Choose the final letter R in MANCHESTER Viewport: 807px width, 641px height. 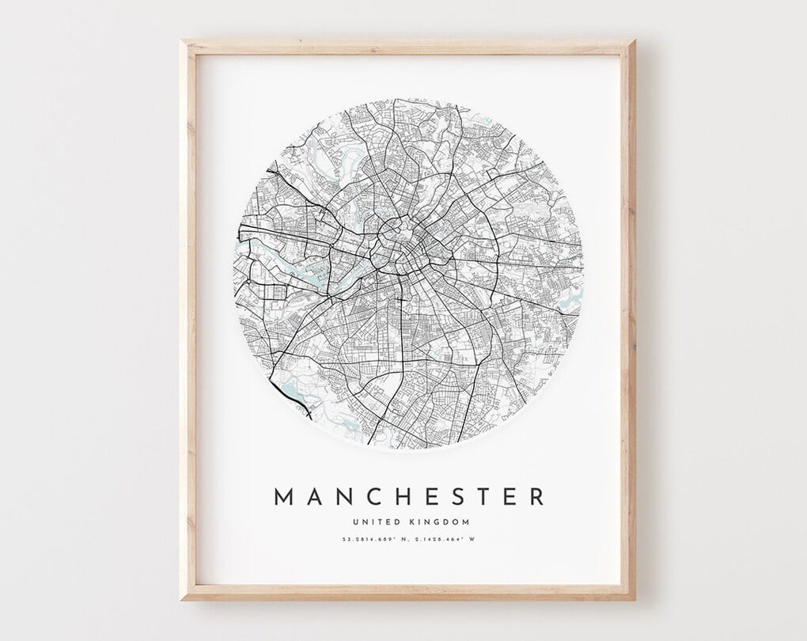[537, 497]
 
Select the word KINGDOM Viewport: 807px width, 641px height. [444, 522]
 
